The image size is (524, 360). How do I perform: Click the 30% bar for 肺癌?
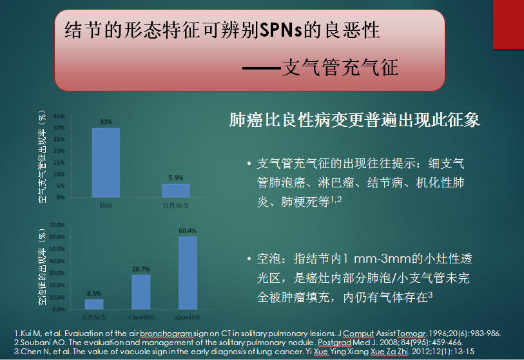(106, 163)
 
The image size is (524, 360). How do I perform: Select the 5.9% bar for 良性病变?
(176, 191)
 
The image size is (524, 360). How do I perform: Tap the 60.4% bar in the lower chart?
(188, 273)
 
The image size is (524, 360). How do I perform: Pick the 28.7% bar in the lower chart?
(141, 292)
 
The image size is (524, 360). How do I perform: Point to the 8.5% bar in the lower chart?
(94, 304)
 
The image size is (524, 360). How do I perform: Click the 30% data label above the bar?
(106, 122)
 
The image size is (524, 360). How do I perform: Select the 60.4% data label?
(188, 231)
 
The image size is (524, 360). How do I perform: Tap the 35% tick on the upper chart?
(59, 116)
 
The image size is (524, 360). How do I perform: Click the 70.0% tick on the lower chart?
(57, 225)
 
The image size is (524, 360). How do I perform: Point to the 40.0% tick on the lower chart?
(57, 261)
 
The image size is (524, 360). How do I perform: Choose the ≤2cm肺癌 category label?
(188, 317)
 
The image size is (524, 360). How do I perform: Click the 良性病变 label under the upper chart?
(176, 205)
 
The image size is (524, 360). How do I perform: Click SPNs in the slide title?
(280, 30)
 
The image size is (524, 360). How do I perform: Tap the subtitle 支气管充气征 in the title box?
(340, 68)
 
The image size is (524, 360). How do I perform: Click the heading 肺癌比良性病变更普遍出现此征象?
(354, 120)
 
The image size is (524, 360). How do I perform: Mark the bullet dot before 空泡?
(249, 259)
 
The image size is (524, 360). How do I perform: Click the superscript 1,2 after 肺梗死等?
(336, 200)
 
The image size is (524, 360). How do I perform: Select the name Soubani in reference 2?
(33, 343)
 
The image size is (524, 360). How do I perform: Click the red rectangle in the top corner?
(509, 24)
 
